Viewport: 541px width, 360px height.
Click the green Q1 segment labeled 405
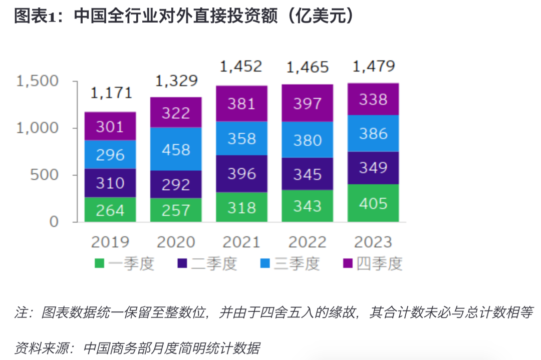(x=373, y=204)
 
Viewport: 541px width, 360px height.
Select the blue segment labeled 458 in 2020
(x=176, y=149)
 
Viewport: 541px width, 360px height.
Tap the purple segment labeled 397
(x=308, y=103)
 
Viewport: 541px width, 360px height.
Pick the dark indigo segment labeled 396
(x=241, y=174)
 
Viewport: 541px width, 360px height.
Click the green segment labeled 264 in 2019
(x=110, y=210)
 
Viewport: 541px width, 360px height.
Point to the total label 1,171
(x=111, y=93)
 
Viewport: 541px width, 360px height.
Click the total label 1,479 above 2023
(x=374, y=66)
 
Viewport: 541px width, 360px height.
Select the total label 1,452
(x=241, y=66)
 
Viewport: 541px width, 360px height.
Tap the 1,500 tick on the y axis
(x=38, y=81)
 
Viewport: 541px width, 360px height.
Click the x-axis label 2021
(x=241, y=242)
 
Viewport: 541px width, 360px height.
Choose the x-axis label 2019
(x=110, y=242)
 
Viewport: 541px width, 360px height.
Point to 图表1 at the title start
(x=33, y=17)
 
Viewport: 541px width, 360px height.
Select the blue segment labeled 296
(x=110, y=154)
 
